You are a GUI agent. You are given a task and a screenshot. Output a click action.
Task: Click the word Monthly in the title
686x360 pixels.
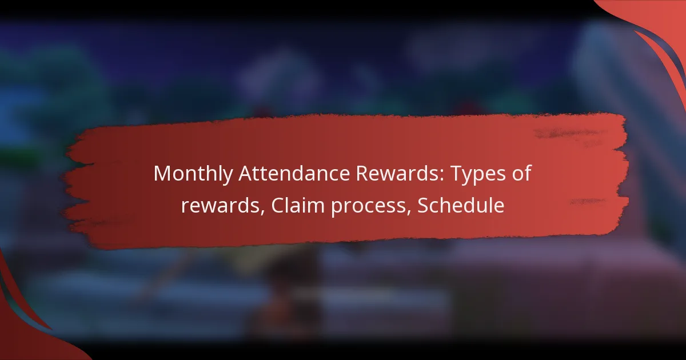(x=188, y=174)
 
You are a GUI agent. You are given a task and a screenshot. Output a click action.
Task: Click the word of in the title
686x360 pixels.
(x=521, y=174)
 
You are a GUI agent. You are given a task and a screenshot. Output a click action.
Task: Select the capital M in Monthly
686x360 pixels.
(x=162, y=174)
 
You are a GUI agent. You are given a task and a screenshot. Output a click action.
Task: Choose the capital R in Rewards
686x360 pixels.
(x=340, y=174)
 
